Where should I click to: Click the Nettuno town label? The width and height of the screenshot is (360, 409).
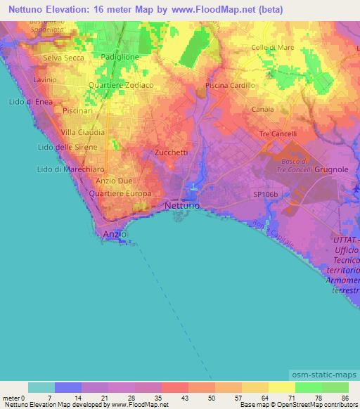point(182,205)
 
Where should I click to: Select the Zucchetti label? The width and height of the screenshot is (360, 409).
point(170,152)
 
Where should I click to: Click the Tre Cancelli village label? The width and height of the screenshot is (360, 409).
point(278,134)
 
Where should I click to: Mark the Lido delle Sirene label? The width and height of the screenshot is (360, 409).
point(66,147)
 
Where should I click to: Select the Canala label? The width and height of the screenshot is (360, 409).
point(262,110)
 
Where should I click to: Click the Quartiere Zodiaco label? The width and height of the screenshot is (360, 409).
point(121,84)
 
